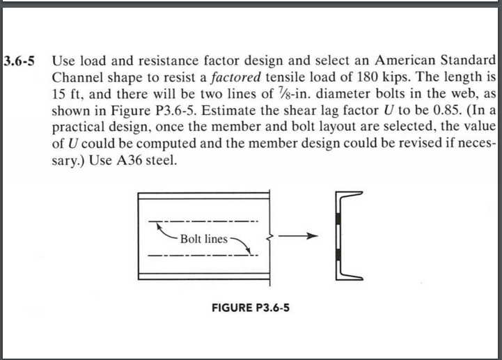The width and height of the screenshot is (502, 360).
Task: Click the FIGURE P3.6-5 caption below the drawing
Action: tap(250, 307)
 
